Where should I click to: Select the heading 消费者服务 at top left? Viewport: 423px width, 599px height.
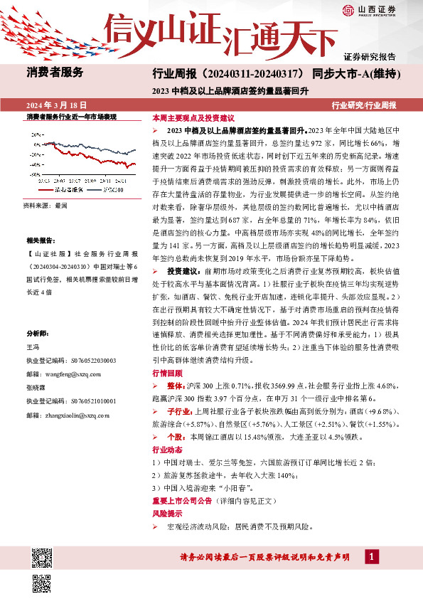coord(55,73)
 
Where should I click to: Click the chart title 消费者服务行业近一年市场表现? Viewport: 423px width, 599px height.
coord(71,116)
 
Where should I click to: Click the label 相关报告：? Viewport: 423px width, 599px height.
coord(40,241)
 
